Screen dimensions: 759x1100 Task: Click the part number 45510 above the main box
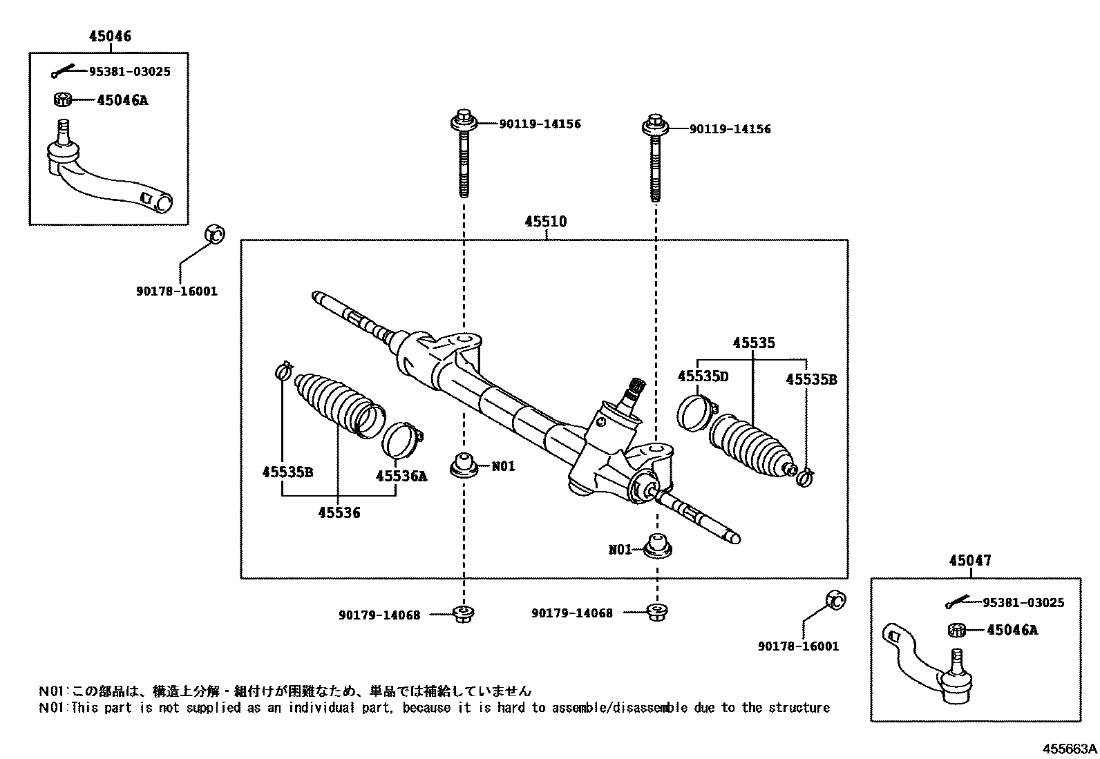coord(545,222)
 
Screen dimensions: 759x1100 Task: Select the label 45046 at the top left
coord(110,36)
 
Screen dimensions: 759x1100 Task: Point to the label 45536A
coord(401,476)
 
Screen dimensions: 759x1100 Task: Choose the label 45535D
coord(703,376)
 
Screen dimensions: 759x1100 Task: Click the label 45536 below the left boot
coord(339,512)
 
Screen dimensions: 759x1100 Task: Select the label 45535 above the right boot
coord(754,343)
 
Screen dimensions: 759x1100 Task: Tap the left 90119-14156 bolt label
coord(540,124)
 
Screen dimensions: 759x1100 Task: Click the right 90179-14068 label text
coord(571,613)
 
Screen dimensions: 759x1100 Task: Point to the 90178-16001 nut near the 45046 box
coord(214,235)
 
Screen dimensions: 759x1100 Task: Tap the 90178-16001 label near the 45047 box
coord(798,646)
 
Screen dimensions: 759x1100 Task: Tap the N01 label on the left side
coord(503,466)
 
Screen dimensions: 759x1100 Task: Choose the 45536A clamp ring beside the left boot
coord(402,439)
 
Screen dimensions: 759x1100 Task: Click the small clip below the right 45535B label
coord(805,475)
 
